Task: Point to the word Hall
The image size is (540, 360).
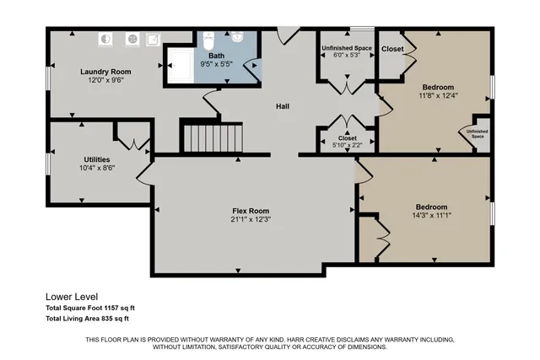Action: pyautogui.click(x=284, y=106)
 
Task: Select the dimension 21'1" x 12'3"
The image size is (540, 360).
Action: pyautogui.click(x=251, y=219)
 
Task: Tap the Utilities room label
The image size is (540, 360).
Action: pyautogui.click(x=96, y=159)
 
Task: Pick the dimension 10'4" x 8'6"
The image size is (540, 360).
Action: pyautogui.click(x=96, y=168)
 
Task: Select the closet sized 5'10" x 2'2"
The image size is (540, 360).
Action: pyautogui.click(x=347, y=142)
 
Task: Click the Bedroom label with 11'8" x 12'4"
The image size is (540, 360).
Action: pyautogui.click(x=438, y=87)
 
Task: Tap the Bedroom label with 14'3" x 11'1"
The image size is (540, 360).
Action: pyautogui.click(x=431, y=207)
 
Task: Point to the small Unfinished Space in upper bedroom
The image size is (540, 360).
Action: pyautogui.click(x=477, y=134)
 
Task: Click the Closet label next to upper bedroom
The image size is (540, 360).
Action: pyautogui.click(x=392, y=49)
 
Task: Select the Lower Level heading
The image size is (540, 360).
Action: pyautogui.click(x=72, y=297)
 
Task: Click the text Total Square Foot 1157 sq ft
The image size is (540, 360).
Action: pyautogui.click(x=90, y=309)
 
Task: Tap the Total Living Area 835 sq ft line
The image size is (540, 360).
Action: pyautogui.click(x=87, y=319)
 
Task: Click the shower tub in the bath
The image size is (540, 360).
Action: pyautogui.click(x=180, y=66)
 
